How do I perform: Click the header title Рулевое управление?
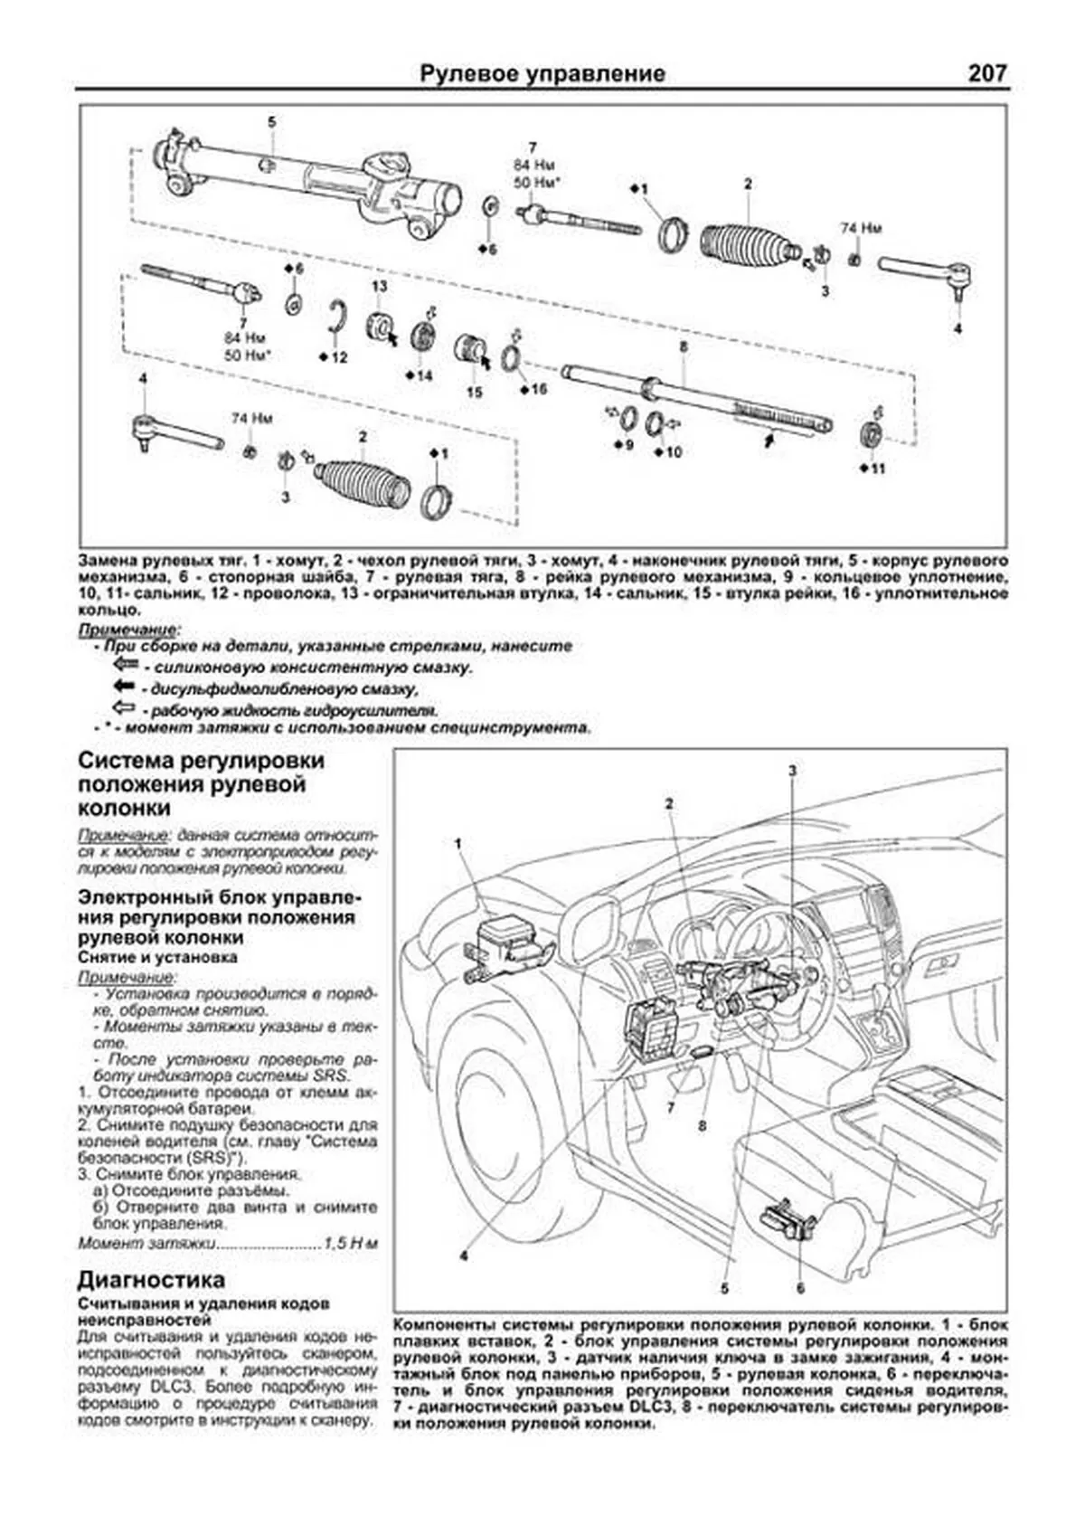(x=542, y=73)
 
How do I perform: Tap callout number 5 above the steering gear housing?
(x=271, y=121)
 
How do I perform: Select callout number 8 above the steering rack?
(x=684, y=346)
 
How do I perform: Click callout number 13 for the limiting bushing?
(x=379, y=287)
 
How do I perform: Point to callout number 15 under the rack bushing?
(x=475, y=392)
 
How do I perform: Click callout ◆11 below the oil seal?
(x=873, y=468)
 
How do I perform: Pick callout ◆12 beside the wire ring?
(x=334, y=357)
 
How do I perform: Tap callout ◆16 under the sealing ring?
(x=534, y=389)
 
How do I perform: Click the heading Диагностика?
(x=151, y=1280)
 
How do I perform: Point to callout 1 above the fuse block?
(x=458, y=842)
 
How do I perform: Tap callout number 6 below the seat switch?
(x=801, y=1287)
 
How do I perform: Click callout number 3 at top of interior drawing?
(x=792, y=771)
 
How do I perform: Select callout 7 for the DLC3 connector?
(x=671, y=1106)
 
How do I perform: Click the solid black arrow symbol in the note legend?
(x=124, y=687)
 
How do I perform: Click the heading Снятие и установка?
(x=158, y=956)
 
